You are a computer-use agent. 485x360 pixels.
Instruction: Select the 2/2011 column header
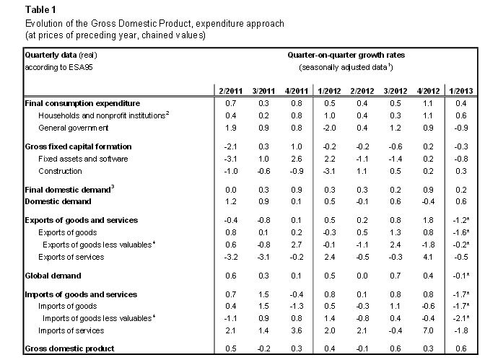[x=231, y=91]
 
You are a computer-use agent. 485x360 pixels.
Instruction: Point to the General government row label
[x=73, y=128]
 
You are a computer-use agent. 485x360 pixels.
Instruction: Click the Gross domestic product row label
[x=69, y=348]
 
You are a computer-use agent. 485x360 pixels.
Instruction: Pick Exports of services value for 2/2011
[x=231, y=256]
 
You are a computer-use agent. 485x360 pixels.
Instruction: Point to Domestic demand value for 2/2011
[x=231, y=201]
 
